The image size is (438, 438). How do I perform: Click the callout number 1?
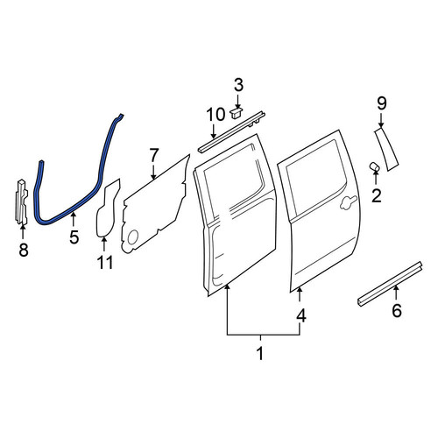pyautogui.click(x=260, y=353)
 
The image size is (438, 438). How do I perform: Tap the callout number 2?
pyautogui.click(x=377, y=195)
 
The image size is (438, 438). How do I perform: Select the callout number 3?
pyautogui.click(x=238, y=85)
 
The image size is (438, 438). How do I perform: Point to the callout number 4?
pyautogui.click(x=301, y=315)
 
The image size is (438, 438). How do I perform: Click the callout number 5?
pyautogui.click(x=74, y=237)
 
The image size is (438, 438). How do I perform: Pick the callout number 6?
pyautogui.click(x=397, y=310)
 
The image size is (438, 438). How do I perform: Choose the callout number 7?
pyautogui.click(x=154, y=156)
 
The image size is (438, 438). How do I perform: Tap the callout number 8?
pyautogui.click(x=24, y=250)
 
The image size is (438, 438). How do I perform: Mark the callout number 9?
pyautogui.click(x=382, y=103)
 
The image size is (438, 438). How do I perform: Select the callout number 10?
pyautogui.click(x=215, y=115)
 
